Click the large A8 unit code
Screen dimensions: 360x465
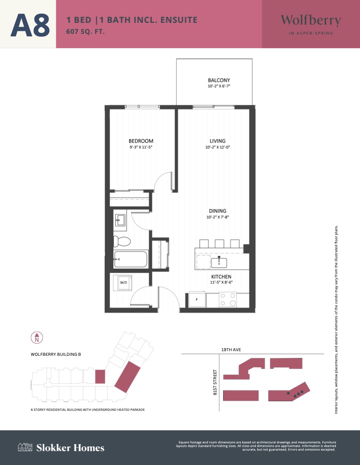[x=30, y=25]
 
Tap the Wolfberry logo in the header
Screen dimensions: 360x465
[x=311, y=24]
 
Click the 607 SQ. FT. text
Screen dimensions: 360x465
[x=86, y=31]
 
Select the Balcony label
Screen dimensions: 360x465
[x=219, y=80]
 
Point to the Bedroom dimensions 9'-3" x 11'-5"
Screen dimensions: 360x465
[x=141, y=147]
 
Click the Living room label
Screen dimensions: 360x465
[x=218, y=141]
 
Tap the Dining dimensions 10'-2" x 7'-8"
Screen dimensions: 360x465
[x=218, y=217]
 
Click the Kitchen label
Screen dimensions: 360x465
[x=222, y=277]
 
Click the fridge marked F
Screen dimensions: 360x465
[x=197, y=300]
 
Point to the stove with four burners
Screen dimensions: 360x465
[x=227, y=300]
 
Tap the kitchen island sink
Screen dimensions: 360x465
[x=219, y=262]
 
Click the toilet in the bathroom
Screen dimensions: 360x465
[x=122, y=242]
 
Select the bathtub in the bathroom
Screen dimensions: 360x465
[x=130, y=259]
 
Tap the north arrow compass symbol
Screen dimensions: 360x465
[x=37, y=338]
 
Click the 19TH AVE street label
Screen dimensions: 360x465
[x=231, y=349]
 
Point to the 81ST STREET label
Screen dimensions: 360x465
[x=215, y=382]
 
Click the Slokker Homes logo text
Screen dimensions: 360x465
[x=70, y=448]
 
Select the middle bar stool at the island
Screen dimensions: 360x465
[x=219, y=243]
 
